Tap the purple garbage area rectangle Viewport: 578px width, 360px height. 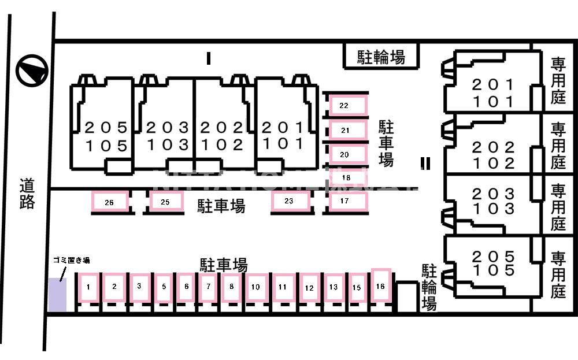[x=57, y=294]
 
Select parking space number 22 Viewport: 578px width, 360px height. [x=348, y=105]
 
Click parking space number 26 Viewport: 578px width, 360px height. [x=109, y=202]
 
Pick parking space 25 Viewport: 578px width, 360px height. [x=165, y=202]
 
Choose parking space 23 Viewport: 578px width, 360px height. [x=290, y=201]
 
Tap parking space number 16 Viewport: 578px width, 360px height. [x=380, y=285]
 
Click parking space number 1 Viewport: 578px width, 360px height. [x=88, y=287]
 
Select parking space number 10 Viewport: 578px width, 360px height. [x=255, y=287]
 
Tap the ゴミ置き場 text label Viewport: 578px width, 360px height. [x=71, y=261]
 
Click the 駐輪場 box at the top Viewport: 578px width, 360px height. [x=381, y=57]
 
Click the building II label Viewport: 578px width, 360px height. [x=425, y=164]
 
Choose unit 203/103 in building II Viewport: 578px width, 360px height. [x=493, y=201]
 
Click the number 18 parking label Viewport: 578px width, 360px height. [x=346, y=177]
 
